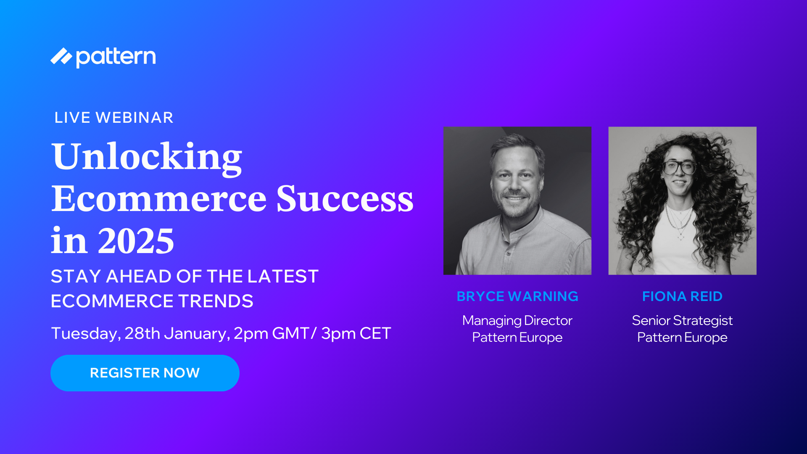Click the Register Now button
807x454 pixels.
(145, 373)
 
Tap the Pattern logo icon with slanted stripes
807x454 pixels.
(61, 56)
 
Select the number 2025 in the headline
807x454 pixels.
(136, 241)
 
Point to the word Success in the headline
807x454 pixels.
(345, 199)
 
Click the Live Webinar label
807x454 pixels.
(114, 118)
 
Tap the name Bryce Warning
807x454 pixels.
(517, 296)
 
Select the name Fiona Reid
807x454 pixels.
(682, 296)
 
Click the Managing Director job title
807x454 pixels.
(517, 321)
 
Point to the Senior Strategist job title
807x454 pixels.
(682, 321)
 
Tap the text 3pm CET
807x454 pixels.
(356, 333)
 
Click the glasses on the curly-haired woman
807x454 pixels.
(678, 168)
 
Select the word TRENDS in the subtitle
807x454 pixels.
(216, 301)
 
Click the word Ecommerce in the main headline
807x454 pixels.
(159, 199)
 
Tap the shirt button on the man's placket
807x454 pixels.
(509, 253)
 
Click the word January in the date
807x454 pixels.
(197, 334)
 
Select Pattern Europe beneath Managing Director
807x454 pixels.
(517, 338)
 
